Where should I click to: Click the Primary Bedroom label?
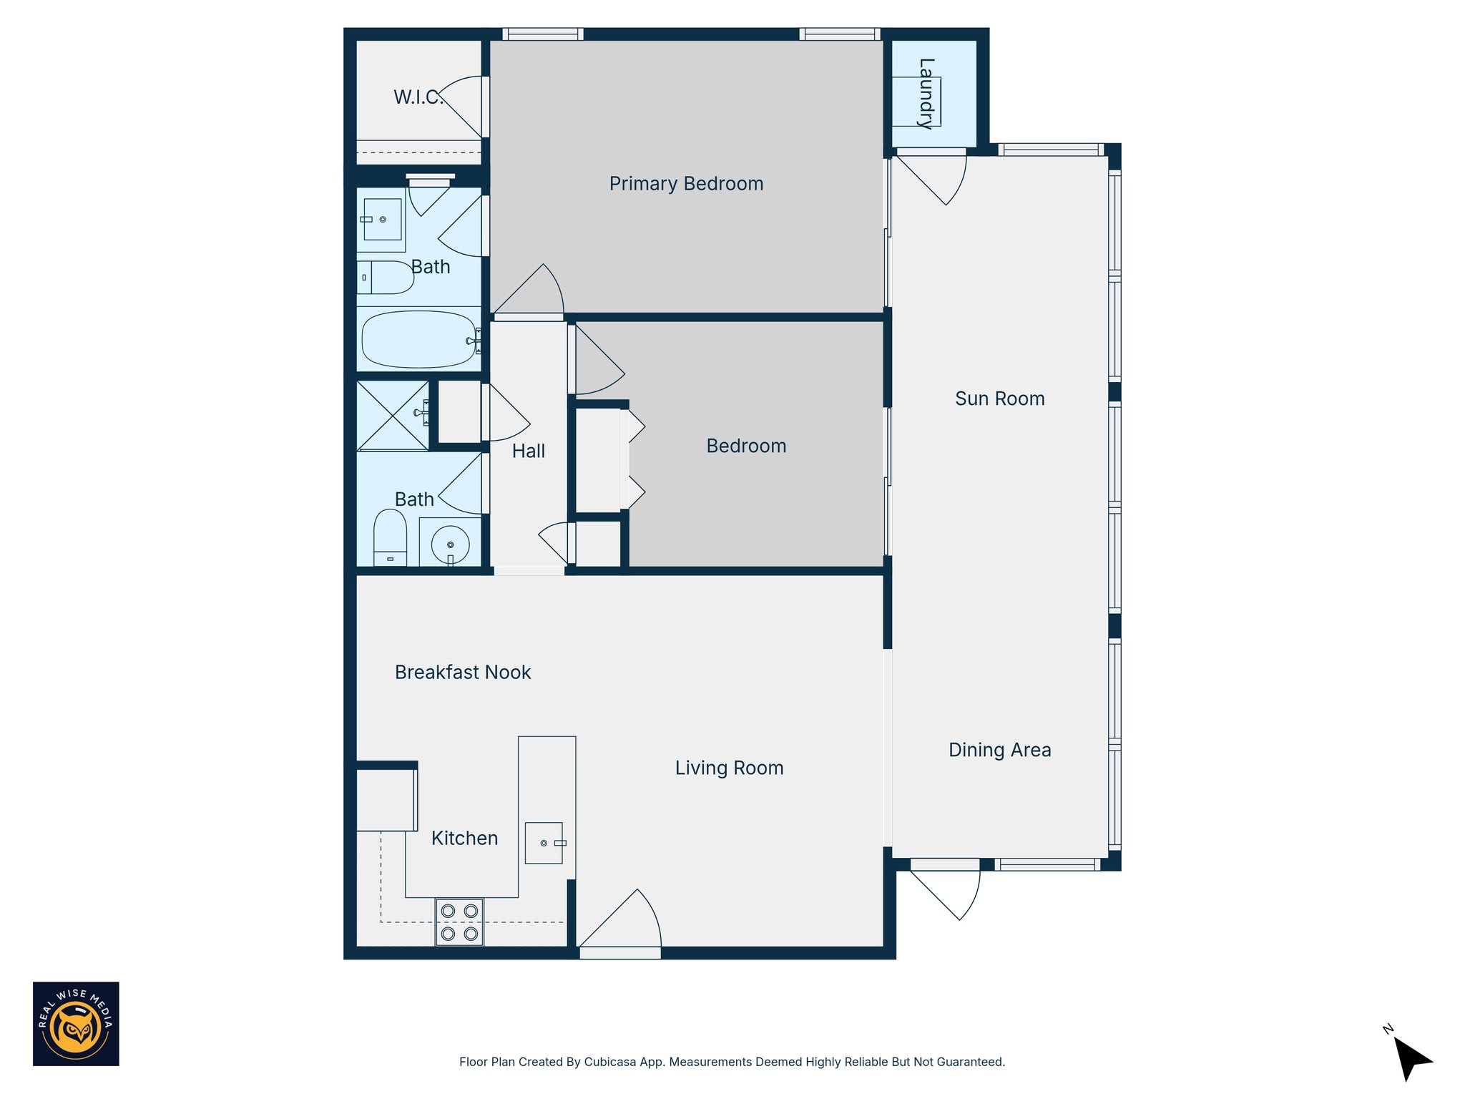tap(686, 184)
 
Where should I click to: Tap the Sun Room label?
tap(999, 399)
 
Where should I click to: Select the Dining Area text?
tap(999, 750)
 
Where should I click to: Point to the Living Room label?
tap(729, 768)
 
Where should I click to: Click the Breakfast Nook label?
tap(463, 673)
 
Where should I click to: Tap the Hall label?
tap(528, 451)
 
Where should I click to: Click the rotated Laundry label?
tap(926, 94)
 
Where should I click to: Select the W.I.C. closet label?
tap(418, 97)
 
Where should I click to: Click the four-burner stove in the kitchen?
tap(459, 922)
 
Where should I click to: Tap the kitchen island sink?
tap(544, 843)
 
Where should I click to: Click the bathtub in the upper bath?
tap(418, 340)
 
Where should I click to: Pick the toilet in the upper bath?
tap(386, 278)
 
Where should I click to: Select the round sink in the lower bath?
tap(450, 545)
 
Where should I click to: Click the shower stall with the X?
tap(392, 416)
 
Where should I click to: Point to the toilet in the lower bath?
tap(390, 538)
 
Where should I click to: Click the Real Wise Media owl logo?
tap(76, 1024)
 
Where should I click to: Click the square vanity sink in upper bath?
tap(382, 220)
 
